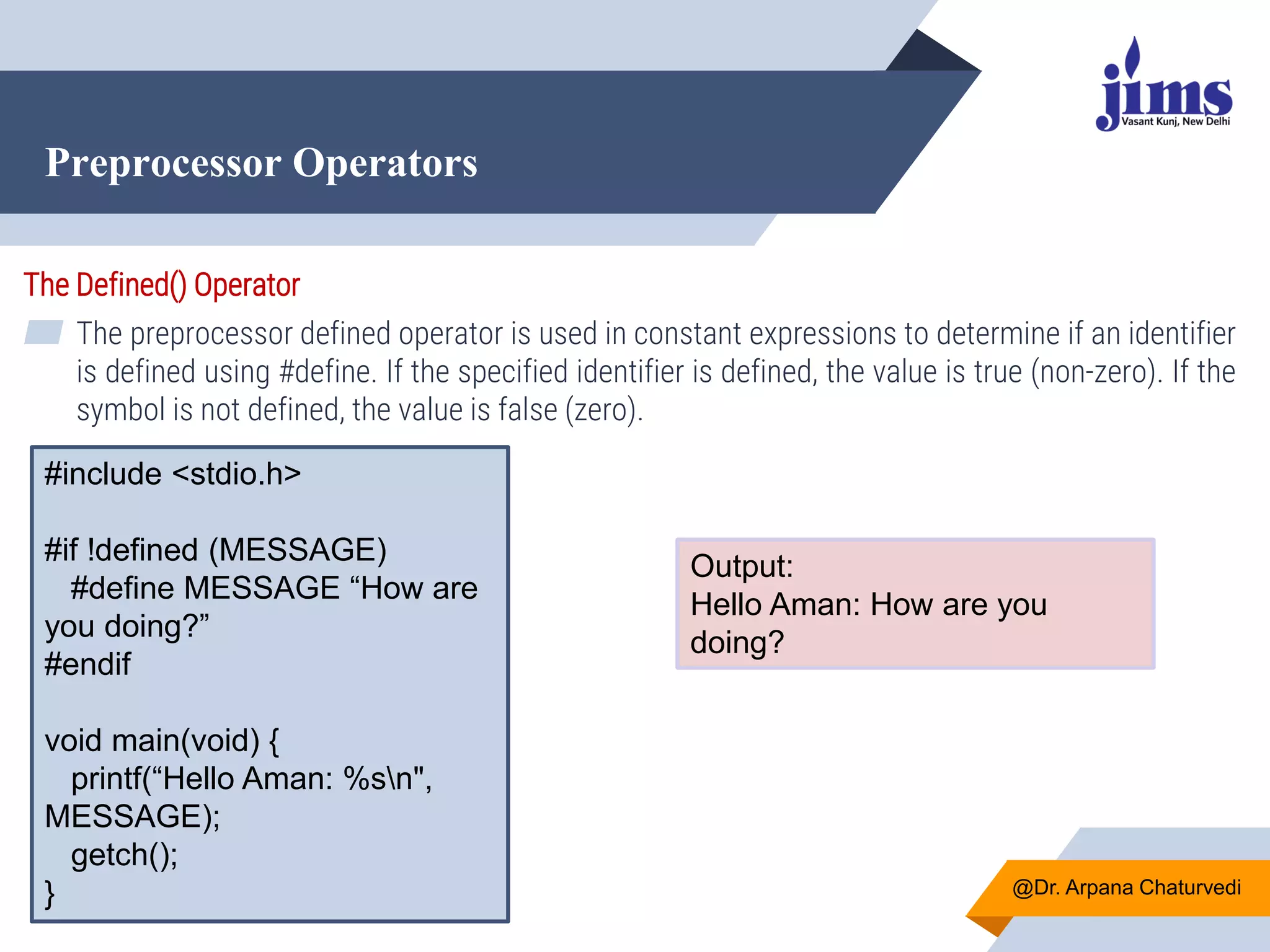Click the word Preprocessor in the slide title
pyautogui.click(x=163, y=163)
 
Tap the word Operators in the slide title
pyautogui.click(x=384, y=163)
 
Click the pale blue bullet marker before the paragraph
pyautogui.click(x=43, y=332)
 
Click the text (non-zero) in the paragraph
pyautogui.click(x=1096, y=372)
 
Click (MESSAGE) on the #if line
pyautogui.click(x=298, y=550)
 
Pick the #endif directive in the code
pyautogui.click(x=87, y=664)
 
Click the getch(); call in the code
pyautogui.click(x=124, y=855)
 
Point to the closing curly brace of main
pyautogui.click(x=50, y=894)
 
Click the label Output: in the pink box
pyautogui.click(x=742, y=566)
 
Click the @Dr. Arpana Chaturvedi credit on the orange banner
pyautogui.click(x=1126, y=888)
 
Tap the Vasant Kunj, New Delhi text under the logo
pyautogui.click(x=1175, y=121)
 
